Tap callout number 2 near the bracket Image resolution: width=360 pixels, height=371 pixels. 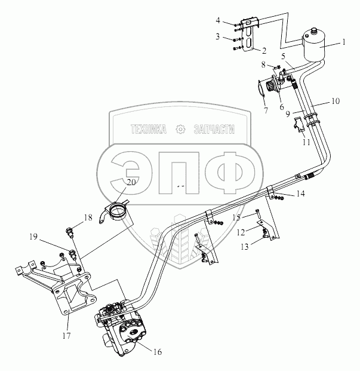tap(263, 51)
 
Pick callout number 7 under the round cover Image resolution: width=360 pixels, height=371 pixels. tap(265, 111)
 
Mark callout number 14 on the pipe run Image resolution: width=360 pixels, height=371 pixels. tap(301, 194)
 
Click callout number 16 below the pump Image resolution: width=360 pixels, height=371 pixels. tap(158, 352)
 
